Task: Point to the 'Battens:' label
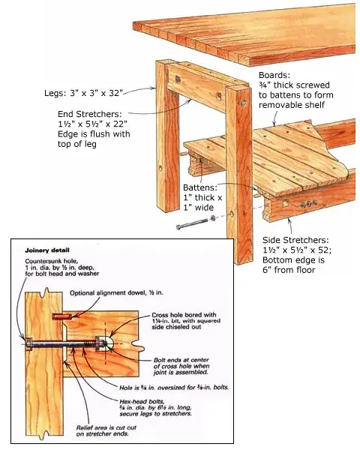pos(201,187)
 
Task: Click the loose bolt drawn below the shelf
pos(191,224)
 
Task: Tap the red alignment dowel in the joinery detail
pos(61,316)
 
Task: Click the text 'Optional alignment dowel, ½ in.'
pos(115,292)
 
